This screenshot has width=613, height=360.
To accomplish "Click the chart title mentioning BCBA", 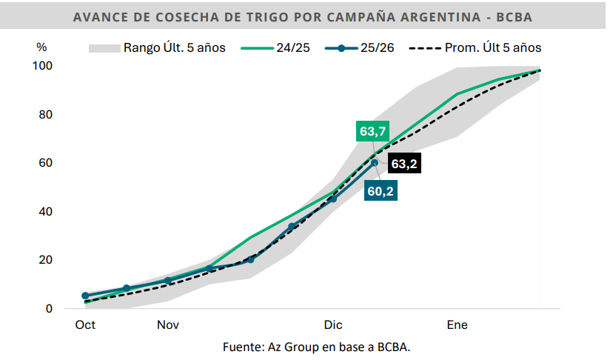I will tap(305, 17).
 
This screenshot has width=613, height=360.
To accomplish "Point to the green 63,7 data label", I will tap(372, 132).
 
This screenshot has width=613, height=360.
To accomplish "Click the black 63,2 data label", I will tap(403, 164).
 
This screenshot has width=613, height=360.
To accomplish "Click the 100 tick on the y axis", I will tap(44, 66).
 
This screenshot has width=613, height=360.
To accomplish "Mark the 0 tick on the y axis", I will tap(49, 309).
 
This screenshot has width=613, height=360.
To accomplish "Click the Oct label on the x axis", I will tap(85, 325).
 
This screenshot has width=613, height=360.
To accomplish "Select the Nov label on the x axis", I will tap(167, 325).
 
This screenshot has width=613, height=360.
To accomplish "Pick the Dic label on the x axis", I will tap(333, 325).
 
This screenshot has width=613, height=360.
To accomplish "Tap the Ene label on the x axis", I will tap(457, 325).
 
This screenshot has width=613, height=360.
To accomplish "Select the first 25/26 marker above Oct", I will tap(85, 296).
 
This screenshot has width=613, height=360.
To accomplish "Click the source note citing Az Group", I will tap(306, 347).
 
